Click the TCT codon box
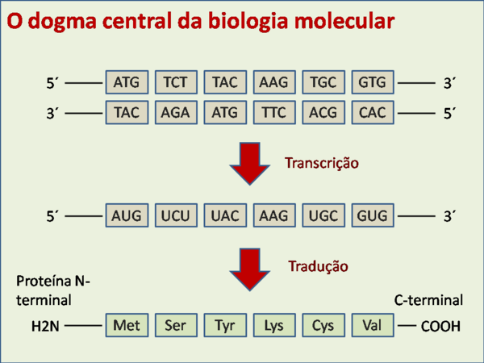click(x=175, y=82)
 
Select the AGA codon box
click(x=175, y=112)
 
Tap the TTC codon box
click(x=273, y=112)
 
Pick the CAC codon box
click(x=372, y=112)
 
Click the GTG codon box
click(x=372, y=82)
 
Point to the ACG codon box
click(x=323, y=112)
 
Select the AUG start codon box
click(x=127, y=215)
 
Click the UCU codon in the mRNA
click(x=175, y=215)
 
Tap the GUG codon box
click(x=372, y=215)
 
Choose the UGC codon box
click(x=323, y=215)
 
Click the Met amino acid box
click(x=127, y=326)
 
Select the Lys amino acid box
click(x=273, y=326)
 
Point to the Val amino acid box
click(x=372, y=326)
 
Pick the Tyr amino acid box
click(x=224, y=326)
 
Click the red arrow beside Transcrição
click(x=250, y=163)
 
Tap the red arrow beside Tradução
click(x=250, y=269)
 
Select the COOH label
click(x=440, y=327)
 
